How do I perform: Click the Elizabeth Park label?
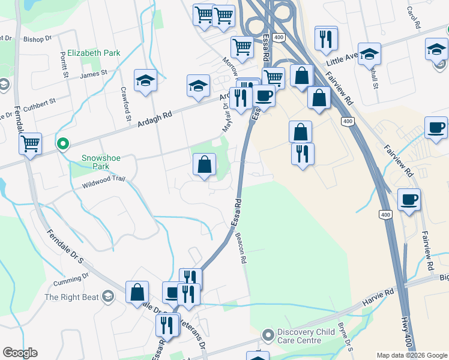94,53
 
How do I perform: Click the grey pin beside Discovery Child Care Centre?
268,333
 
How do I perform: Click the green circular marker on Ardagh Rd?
62,144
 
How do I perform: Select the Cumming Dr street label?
70,279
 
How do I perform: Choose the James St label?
93,74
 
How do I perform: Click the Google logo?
20,353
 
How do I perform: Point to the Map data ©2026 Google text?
411,355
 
